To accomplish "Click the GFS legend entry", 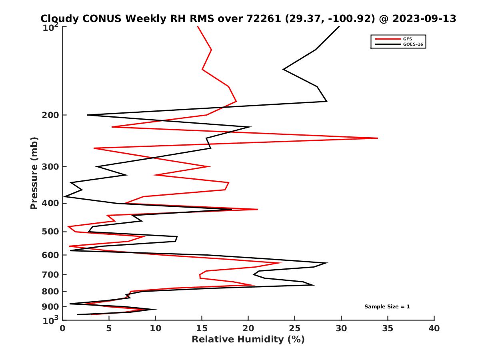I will point(408,39).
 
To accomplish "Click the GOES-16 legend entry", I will point(412,44).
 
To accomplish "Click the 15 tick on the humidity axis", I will point(202,328).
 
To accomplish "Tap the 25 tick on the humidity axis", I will point(294,328).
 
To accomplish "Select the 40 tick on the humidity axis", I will point(434,328).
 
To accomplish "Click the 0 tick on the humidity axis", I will point(62,328).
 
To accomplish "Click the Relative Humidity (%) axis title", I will point(248,340).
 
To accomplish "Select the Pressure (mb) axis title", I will point(34,173).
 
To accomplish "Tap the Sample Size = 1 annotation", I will point(387,307).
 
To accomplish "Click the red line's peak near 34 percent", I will point(377,138).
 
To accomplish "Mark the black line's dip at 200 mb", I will point(88,115).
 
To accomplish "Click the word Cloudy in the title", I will point(58,18).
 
